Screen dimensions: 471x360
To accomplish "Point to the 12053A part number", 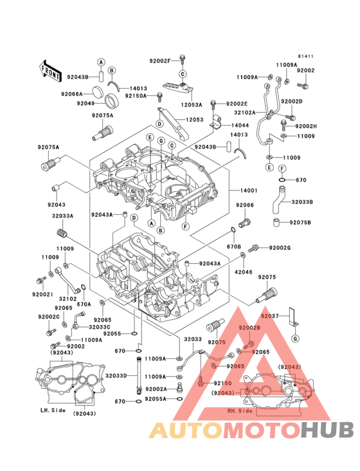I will coord(192,104).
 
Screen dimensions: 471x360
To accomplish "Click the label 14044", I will coord(240,125).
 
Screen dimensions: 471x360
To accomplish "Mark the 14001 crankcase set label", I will coord(249,191).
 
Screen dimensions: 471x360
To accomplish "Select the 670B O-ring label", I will coord(233,246).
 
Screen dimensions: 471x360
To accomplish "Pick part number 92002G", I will coord(280,248).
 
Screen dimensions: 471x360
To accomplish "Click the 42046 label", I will coord(244,272).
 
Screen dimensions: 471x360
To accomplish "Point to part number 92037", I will coord(270,316).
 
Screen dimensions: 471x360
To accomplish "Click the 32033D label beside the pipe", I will coord(116,376).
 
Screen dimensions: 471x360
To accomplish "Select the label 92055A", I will coord(156,399).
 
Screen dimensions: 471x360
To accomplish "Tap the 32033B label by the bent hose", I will coord(302,202).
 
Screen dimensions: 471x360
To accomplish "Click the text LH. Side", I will coord(54,410).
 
